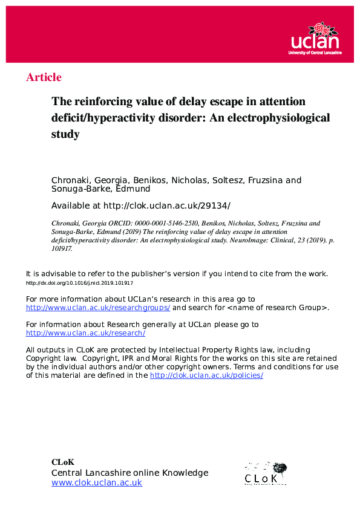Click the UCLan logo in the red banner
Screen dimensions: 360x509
[x=315, y=39]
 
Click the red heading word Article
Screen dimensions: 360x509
[x=44, y=77]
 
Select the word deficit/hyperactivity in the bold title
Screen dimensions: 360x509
[x=91, y=117]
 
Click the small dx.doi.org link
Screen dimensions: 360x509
[x=80, y=283]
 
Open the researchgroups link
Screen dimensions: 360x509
[x=98, y=308]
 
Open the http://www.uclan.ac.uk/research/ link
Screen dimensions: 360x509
[x=85, y=333]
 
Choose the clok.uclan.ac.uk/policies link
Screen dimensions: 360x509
[x=206, y=375]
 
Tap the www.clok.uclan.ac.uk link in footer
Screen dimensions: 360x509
[x=97, y=482]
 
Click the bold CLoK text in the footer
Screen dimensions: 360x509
[x=62, y=462]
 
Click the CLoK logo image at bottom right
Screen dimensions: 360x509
[x=265, y=473]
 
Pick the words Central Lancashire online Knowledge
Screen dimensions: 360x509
[x=129, y=473]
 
